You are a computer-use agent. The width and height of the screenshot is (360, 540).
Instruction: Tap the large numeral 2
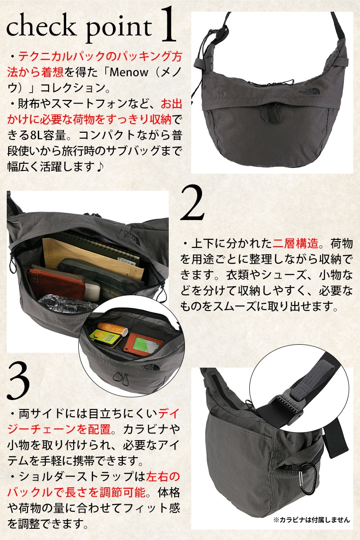[x=193, y=203]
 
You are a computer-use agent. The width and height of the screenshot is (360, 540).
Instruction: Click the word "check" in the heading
[x=40, y=27]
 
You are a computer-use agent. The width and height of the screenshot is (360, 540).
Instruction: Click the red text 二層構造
[x=295, y=243]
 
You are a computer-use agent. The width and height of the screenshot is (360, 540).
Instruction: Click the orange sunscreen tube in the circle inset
[x=112, y=328]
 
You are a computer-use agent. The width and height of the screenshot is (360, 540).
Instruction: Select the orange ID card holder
[x=143, y=344]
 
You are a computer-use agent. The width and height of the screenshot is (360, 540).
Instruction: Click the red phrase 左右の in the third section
[x=163, y=476]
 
